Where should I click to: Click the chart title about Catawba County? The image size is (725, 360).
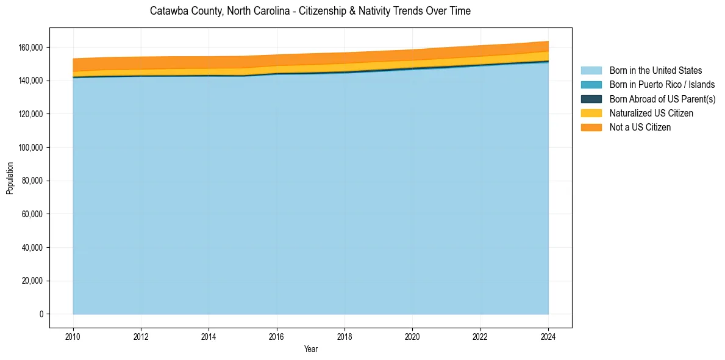tap(310, 11)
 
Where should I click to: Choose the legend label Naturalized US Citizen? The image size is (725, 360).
tap(651, 113)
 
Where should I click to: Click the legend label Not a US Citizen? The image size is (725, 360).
tap(640, 128)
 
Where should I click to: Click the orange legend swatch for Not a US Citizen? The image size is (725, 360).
tap(591, 128)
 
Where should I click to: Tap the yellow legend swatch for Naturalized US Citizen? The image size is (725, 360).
tap(591, 113)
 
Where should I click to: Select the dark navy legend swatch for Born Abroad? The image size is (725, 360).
tap(591, 99)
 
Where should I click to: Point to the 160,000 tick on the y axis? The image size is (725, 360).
tap(31, 48)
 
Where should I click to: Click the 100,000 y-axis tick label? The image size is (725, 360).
tap(31, 148)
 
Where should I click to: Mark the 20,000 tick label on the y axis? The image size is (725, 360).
tap(33, 281)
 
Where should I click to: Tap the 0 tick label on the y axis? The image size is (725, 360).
tap(41, 314)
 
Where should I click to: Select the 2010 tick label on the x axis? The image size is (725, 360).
tap(73, 336)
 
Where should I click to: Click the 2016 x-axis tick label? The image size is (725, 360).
tap(277, 336)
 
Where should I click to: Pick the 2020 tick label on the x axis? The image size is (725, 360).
tap(413, 336)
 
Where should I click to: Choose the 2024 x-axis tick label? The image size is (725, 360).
tap(549, 336)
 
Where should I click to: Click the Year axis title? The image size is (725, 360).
tap(310, 350)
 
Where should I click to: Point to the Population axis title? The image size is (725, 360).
tap(10, 178)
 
